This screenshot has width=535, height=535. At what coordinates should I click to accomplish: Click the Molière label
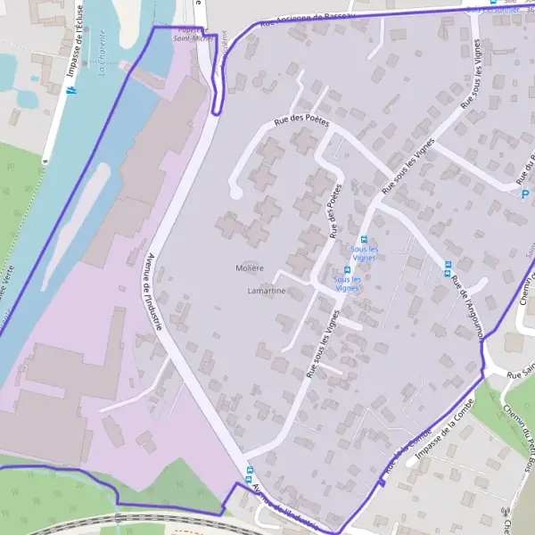(250, 267)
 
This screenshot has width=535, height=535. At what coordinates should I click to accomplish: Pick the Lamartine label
(267, 291)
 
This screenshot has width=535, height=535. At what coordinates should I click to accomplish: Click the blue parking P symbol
(524, 194)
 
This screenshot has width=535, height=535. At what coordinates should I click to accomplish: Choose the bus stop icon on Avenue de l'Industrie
(249, 470)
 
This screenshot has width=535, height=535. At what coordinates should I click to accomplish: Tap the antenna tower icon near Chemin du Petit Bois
(506, 512)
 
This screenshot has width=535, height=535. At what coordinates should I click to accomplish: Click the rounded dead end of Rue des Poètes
(235, 192)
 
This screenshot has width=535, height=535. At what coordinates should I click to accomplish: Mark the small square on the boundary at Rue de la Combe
(382, 484)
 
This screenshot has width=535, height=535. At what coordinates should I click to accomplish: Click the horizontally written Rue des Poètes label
(301, 123)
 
